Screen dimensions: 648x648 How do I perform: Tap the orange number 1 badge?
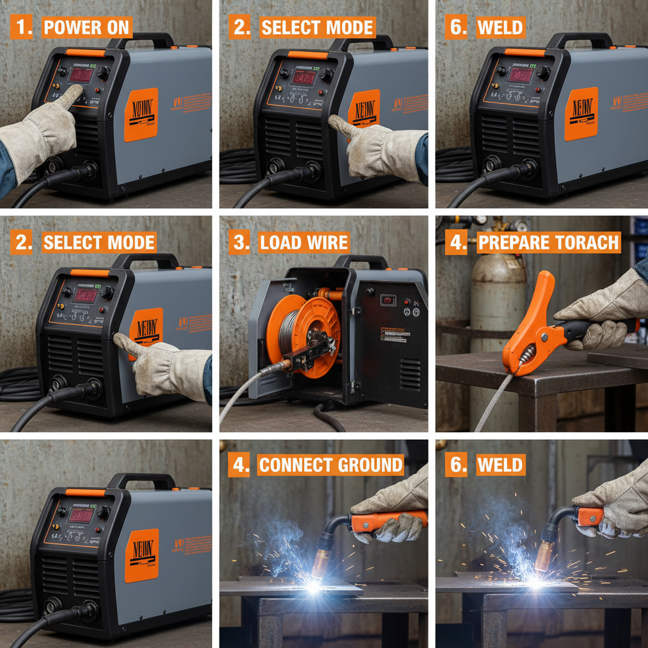coord(22,28)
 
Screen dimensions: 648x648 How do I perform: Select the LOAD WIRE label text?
coord(304,242)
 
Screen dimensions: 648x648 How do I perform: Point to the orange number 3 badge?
coord(240,242)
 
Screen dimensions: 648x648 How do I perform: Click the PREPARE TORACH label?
coord(548,243)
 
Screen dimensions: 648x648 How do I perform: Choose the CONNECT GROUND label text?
coord(330,465)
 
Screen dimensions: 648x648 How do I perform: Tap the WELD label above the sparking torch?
coord(500,465)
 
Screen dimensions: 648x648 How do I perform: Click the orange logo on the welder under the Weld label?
coord(580,114)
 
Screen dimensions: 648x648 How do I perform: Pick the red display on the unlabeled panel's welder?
coord(80,514)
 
